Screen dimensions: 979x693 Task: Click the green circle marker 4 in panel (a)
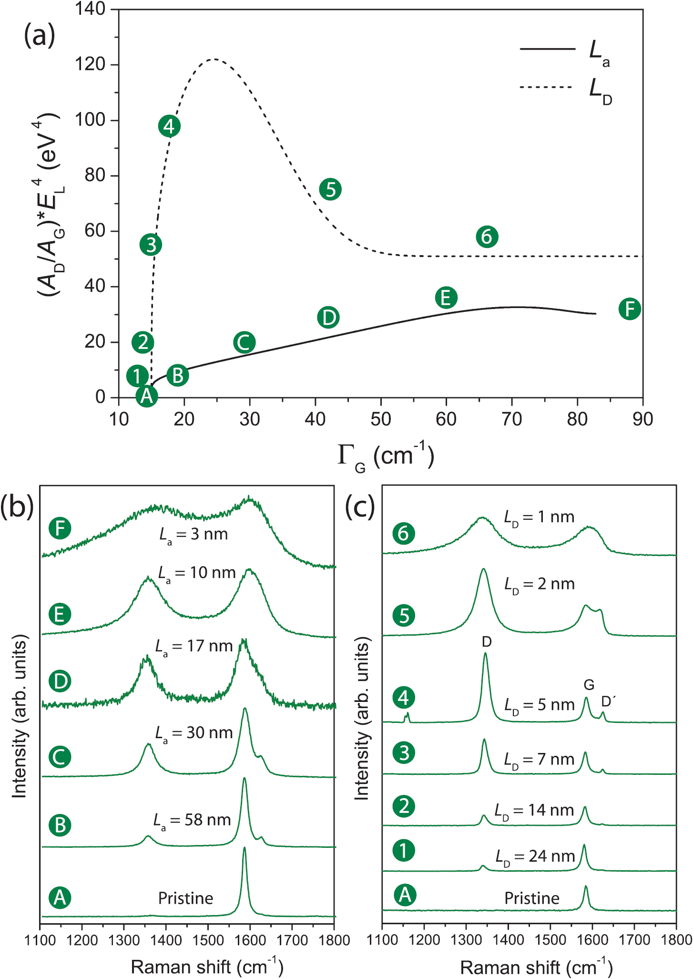point(169,126)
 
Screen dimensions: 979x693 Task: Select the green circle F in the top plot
point(630,309)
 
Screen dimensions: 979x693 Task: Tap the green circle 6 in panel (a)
point(487,237)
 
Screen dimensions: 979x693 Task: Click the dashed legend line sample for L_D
point(546,87)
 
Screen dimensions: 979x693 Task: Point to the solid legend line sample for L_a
point(547,49)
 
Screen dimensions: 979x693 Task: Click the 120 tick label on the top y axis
point(90,64)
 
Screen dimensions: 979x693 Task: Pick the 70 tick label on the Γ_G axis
point(511,419)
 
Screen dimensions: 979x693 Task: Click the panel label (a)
point(39,35)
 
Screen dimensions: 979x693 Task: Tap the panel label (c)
point(360,506)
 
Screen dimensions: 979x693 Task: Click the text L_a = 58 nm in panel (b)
point(192,820)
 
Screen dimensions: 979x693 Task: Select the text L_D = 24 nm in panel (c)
point(535,856)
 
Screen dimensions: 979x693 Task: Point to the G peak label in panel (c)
point(589,685)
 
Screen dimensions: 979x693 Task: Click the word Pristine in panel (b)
point(185,898)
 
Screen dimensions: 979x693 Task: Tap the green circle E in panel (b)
point(60,614)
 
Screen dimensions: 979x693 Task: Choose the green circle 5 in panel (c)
point(404,616)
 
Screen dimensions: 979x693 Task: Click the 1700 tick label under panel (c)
point(634,940)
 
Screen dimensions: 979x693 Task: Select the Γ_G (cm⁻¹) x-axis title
point(385,456)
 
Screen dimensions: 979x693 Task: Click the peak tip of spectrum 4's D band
point(485,654)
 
